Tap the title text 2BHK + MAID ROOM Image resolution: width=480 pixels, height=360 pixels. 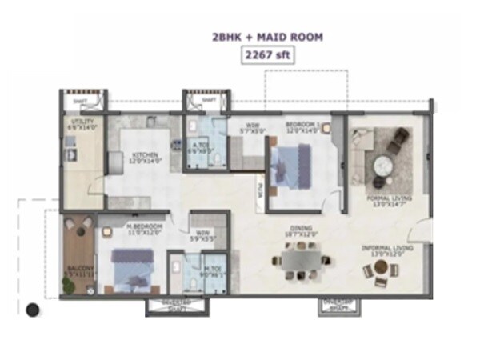coord(268,37)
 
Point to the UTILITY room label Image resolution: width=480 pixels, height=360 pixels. coord(82,124)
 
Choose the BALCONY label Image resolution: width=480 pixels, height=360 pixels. coord(80,270)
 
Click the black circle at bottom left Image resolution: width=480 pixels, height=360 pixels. coord(32,310)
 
